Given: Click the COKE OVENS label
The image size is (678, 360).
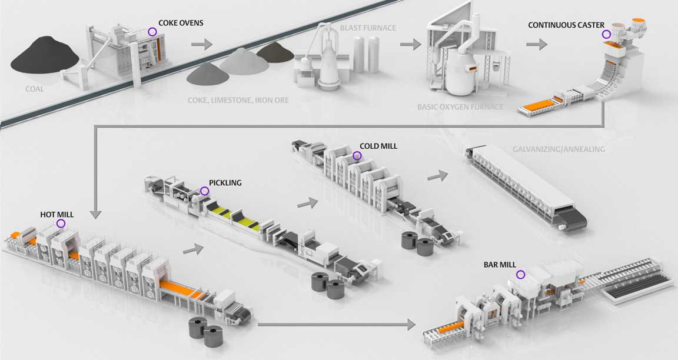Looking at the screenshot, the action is (181, 23).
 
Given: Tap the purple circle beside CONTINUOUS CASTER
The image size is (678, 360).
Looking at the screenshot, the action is (607, 34).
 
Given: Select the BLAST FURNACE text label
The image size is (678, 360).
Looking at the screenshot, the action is (367, 28).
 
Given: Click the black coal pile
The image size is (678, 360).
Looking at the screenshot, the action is (45, 54).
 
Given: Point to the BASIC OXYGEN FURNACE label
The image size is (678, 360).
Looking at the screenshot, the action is (460, 106).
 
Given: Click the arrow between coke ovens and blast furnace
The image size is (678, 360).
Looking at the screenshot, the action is (202, 44).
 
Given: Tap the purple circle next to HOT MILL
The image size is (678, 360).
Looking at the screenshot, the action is (61, 224).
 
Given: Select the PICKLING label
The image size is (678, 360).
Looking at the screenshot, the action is (225, 183).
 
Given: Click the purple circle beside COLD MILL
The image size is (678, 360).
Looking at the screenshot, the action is (357, 155).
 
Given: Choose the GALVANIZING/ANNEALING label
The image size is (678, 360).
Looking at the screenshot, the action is (559, 149).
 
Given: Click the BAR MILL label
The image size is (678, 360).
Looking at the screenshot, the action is (500, 265).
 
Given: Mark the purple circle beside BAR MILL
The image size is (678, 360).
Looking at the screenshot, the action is (521, 275).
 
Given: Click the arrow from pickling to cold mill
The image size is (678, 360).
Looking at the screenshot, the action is (307, 203).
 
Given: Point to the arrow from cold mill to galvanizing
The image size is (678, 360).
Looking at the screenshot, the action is (438, 176).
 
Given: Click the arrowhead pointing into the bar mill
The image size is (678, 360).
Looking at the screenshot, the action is (411, 325).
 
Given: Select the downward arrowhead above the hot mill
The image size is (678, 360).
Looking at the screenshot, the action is (96, 214).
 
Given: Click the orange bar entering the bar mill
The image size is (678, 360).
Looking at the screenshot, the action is (451, 328).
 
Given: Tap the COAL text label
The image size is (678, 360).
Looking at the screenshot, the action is (34, 89).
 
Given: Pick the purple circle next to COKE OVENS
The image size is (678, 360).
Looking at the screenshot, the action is (152, 32).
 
